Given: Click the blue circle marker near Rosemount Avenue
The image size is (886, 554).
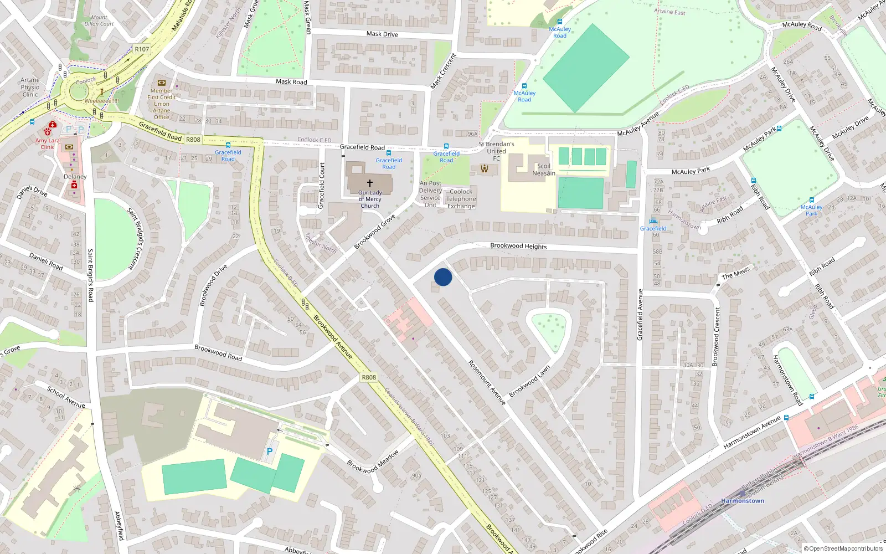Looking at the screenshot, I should (443, 277).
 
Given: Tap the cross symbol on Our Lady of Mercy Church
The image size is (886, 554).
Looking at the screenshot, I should (370, 183).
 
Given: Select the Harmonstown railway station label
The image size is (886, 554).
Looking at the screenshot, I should (742, 501).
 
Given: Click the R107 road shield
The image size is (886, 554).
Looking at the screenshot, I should (142, 49).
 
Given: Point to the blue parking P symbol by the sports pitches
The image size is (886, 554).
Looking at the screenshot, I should (270, 452).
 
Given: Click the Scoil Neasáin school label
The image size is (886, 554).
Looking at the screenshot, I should (544, 170).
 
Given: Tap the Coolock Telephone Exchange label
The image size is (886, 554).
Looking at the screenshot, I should (461, 199).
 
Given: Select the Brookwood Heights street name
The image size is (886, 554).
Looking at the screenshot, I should (518, 246).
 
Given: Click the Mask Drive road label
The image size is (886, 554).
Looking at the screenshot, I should (382, 34).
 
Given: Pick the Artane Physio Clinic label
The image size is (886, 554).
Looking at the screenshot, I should (30, 87).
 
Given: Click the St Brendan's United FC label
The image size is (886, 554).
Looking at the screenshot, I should (496, 151).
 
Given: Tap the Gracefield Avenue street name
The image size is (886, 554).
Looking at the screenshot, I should (640, 315).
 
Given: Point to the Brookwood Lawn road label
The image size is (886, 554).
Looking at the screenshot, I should (529, 381).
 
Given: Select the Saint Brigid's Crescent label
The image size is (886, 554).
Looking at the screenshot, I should (135, 239).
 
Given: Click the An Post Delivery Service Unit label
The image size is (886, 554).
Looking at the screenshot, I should (430, 194).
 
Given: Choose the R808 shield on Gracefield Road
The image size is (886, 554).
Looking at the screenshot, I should (193, 140).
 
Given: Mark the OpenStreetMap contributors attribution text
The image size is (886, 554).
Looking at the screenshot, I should (843, 548).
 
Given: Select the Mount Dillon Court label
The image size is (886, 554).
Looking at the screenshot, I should (99, 21).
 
